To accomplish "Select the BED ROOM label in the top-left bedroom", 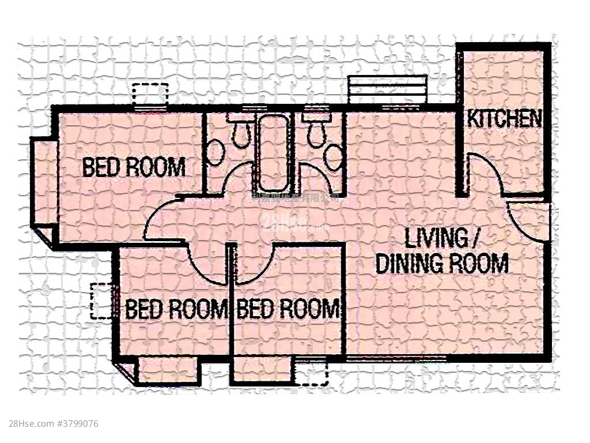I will click(x=134, y=167).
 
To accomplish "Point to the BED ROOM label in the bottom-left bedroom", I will click(x=176, y=310).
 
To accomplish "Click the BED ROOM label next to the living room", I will click(x=288, y=310).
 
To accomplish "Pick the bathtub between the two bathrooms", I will click(x=273, y=153).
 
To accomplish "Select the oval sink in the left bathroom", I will click(x=215, y=153).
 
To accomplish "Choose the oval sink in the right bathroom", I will click(x=334, y=157).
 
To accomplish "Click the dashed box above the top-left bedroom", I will click(x=150, y=94).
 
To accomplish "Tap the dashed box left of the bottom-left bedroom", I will click(x=101, y=301).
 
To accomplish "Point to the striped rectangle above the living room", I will click(x=388, y=89).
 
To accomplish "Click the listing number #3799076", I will click(x=77, y=424).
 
